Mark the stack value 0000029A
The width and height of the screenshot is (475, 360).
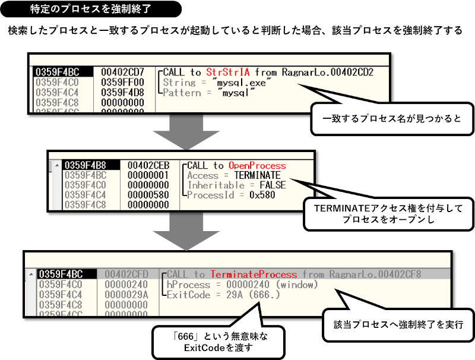(x=126, y=295)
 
